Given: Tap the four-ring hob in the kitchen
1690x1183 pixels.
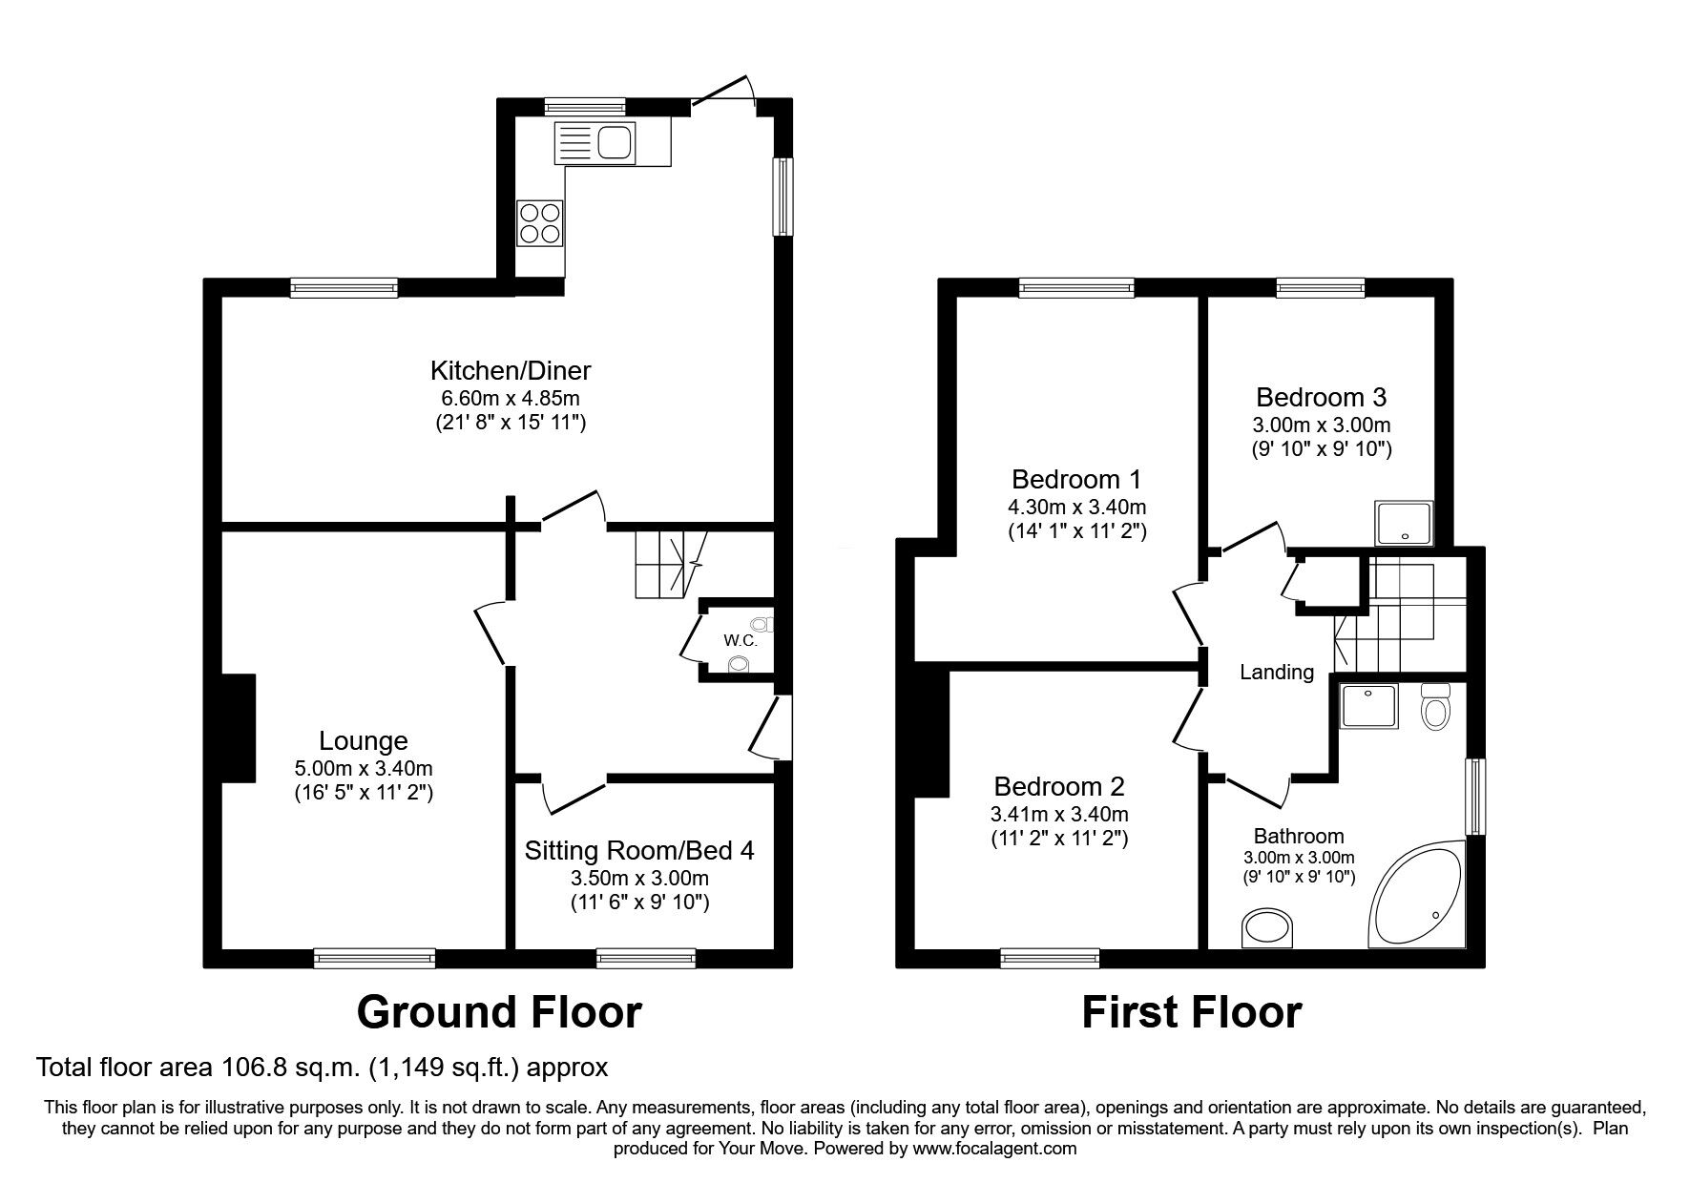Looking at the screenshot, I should (540, 222).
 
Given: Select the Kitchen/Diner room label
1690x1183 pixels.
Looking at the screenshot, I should (511, 370).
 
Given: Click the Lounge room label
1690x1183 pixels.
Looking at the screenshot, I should (364, 741).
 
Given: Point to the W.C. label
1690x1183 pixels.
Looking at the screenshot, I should (741, 641).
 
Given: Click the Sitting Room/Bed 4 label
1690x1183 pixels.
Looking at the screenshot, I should (639, 850).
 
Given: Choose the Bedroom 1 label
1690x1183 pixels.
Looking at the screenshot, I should (1076, 479).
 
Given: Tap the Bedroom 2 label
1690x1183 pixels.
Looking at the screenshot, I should (1059, 787).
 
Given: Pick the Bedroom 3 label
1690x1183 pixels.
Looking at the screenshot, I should (1321, 397).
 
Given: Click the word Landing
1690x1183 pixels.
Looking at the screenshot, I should (1277, 673).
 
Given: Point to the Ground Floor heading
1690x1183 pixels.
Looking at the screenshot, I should (499, 1012).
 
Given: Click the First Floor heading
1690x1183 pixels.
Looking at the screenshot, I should (1191, 1012).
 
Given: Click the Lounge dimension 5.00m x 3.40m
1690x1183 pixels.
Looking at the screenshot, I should (364, 768).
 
